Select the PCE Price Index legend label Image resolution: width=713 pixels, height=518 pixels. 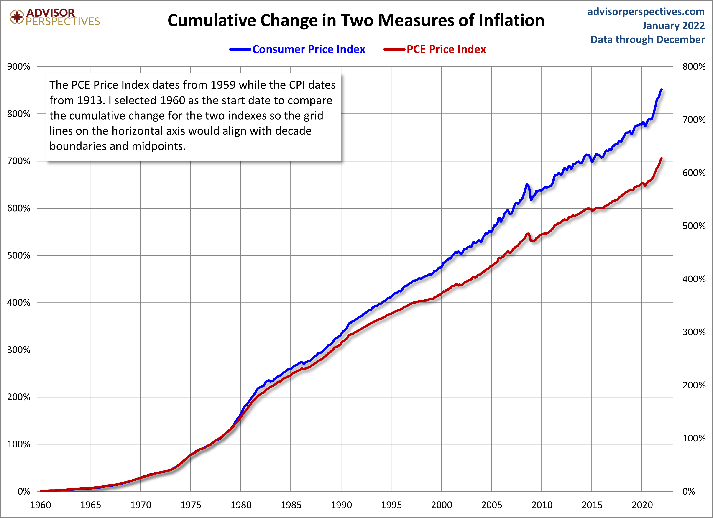(446, 49)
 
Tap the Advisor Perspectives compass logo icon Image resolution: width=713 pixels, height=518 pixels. (17, 17)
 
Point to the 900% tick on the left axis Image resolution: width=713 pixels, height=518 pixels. (19, 67)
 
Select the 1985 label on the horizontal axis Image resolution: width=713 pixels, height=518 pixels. (291, 505)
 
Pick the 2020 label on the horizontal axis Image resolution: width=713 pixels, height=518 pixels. (642, 505)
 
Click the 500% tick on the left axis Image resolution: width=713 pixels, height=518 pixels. (19, 255)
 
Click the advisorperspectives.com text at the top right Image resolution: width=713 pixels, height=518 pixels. (646, 12)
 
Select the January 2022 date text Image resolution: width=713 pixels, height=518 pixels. (673, 26)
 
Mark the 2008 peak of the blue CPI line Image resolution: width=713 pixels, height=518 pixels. (527, 184)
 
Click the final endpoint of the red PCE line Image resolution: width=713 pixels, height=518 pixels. (662, 158)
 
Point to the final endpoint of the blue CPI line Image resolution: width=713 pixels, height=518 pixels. (662, 89)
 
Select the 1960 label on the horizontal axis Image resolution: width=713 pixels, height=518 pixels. (40, 505)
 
